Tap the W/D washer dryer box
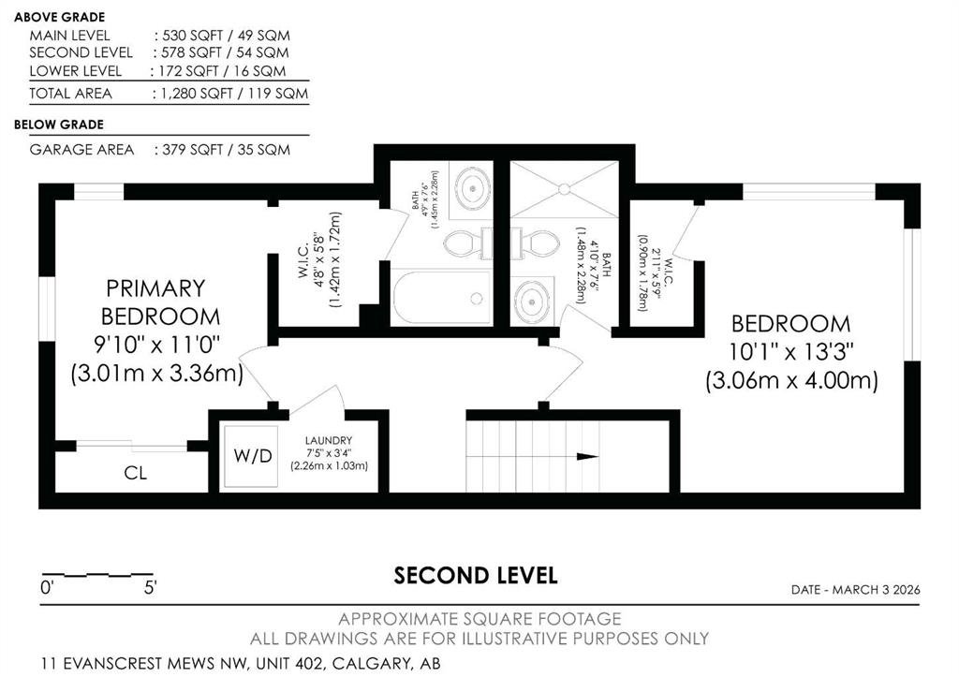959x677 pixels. [x=251, y=456]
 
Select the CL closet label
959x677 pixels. [x=135, y=473]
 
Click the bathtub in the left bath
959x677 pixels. [x=442, y=298]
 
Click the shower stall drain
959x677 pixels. [x=564, y=189]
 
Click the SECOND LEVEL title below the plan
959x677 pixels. [x=475, y=576]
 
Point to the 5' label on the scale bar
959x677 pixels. [x=151, y=588]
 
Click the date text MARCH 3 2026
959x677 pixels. [x=876, y=590]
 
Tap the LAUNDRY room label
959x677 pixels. [x=329, y=440]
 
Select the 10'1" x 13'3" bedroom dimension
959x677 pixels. [x=790, y=352]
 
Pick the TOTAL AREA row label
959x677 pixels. [x=71, y=94]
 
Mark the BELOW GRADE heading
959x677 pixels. [x=59, y=125]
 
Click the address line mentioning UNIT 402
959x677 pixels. [x=241, y=663]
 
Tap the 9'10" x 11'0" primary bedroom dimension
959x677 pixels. [x=156, y=345]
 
